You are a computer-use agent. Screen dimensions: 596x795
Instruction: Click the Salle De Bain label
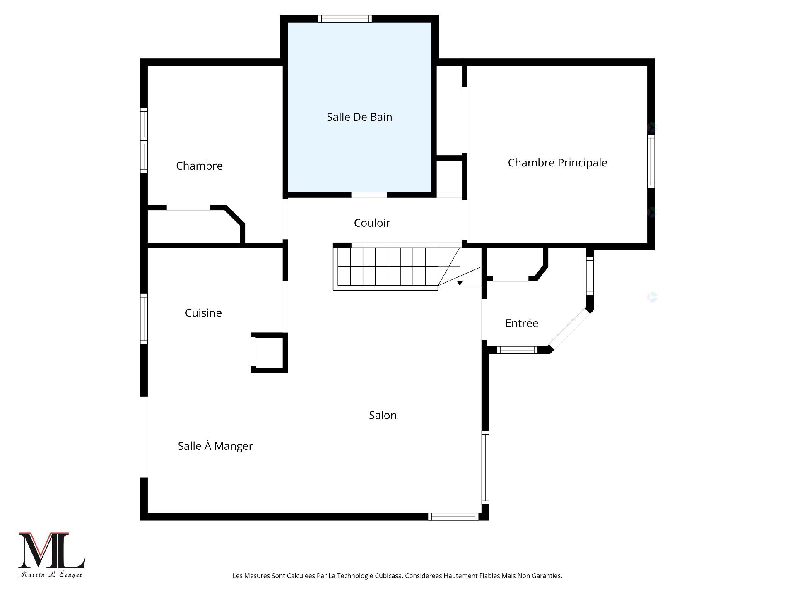pos(359,117)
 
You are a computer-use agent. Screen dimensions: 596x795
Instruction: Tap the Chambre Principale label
pos(557,163)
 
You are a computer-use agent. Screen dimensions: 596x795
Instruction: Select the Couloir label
pos(372,223)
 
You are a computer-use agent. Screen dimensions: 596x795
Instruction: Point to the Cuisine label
pos(203,313)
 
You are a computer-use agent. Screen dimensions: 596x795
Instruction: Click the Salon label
pos(383,415)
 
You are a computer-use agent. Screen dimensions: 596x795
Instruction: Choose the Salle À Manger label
pos(215,446)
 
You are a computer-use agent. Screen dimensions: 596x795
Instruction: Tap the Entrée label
pos(521,323)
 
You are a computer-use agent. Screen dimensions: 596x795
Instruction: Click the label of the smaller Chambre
pos(199,166)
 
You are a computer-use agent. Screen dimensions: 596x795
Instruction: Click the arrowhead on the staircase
pos(460,283)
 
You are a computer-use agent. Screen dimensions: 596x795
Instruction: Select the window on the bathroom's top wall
pos(345,19)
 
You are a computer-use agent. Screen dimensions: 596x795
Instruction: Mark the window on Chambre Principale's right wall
pos(651,161)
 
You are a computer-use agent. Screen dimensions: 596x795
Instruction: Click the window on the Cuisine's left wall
pos(144,319)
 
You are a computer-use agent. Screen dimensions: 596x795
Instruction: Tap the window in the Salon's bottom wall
pos(453,517)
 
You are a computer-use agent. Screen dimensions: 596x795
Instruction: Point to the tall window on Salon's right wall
pos(485,467)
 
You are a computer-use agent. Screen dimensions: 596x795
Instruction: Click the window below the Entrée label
pos(517,350)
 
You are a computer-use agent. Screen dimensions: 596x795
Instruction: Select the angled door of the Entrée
pos(569,329)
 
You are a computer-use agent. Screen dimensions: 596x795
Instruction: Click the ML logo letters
pos(51,551)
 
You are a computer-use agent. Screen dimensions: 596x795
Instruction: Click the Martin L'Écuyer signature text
pos(50,575)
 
